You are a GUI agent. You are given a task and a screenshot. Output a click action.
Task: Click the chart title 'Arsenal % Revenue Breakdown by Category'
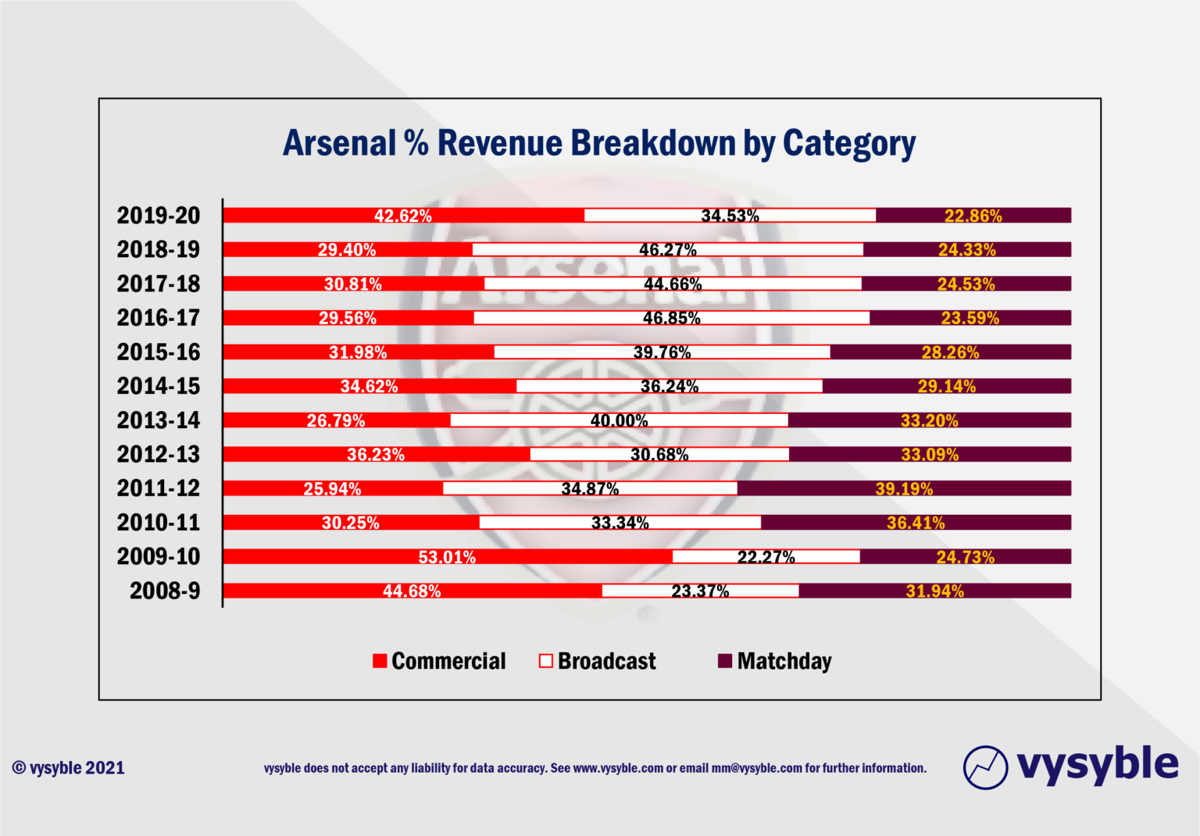pos(599,144)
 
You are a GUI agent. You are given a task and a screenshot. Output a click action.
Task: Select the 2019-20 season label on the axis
pos(159,216)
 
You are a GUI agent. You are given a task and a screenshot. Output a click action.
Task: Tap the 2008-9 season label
pos(165,591)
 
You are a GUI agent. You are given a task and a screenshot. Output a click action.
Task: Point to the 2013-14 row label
pos(159,420)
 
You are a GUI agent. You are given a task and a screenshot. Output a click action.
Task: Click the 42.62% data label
pos(403,216)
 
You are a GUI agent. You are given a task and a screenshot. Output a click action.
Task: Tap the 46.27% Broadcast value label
pos(668,250)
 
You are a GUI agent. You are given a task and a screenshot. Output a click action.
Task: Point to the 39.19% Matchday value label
pos(904,489)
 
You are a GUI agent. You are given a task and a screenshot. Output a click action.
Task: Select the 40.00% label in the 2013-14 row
pos(619,420)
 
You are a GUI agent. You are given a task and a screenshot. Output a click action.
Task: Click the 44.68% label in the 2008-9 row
pos(412,591)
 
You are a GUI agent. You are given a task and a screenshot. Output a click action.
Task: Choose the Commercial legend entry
pos(440,662)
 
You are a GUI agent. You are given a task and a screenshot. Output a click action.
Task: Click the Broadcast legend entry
pos(598,662)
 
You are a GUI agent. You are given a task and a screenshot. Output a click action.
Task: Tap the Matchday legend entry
pos(775,662)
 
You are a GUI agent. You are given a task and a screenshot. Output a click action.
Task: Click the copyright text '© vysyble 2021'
pos(69,768)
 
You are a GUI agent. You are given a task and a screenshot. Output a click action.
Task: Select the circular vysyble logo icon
pos(985,767)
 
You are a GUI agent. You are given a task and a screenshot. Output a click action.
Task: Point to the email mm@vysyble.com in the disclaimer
pos(756,768)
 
